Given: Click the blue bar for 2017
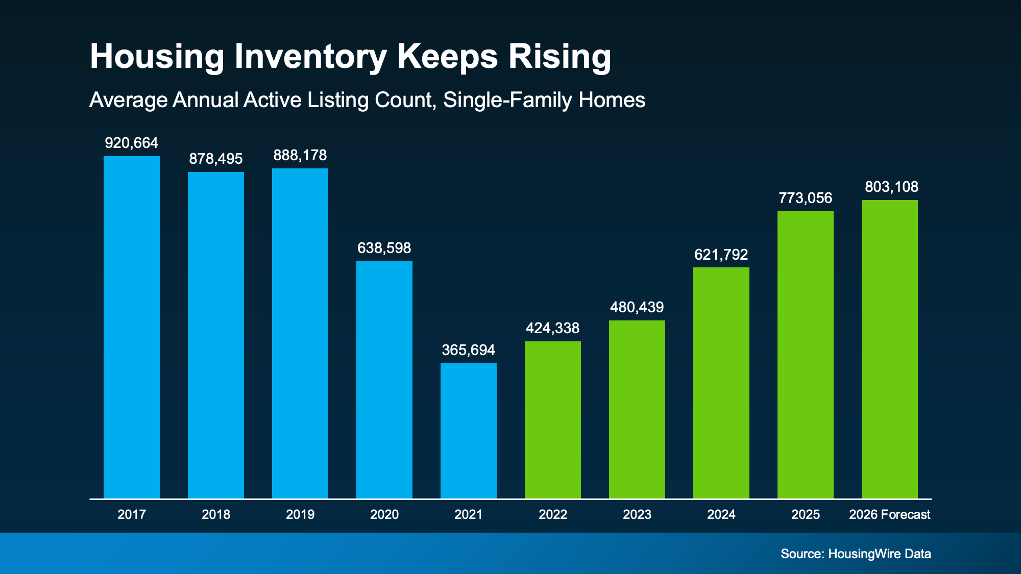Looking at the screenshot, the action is [x=132, y=327].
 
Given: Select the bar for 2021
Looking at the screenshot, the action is [x=469, y=431].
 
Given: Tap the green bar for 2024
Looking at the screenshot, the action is [x=721, y=383].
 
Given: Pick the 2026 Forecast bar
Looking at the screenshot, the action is [x=890, y=349].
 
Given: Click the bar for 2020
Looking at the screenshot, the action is [x=384, y=380].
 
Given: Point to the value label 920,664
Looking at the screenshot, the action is [x=132, y=143].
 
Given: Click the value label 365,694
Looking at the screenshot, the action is [x=469, y=350].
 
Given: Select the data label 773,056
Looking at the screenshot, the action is [x=806, y=198].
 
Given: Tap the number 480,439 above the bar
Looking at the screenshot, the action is [x=637, y=307].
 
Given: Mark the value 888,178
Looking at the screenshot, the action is [x=300, y=155].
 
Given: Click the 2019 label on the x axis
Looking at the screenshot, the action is [x=300, y=514].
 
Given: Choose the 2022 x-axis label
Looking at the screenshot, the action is [x=553, y=514].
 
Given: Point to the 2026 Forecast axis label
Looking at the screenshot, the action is [x=890, y=514].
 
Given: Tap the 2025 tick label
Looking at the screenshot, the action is [x=806, y=514].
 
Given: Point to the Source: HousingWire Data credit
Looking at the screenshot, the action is [x=856, y=554].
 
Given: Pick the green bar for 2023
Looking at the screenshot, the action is [x=637, y=409].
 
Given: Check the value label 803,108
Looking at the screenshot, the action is [x=891, y=187].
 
